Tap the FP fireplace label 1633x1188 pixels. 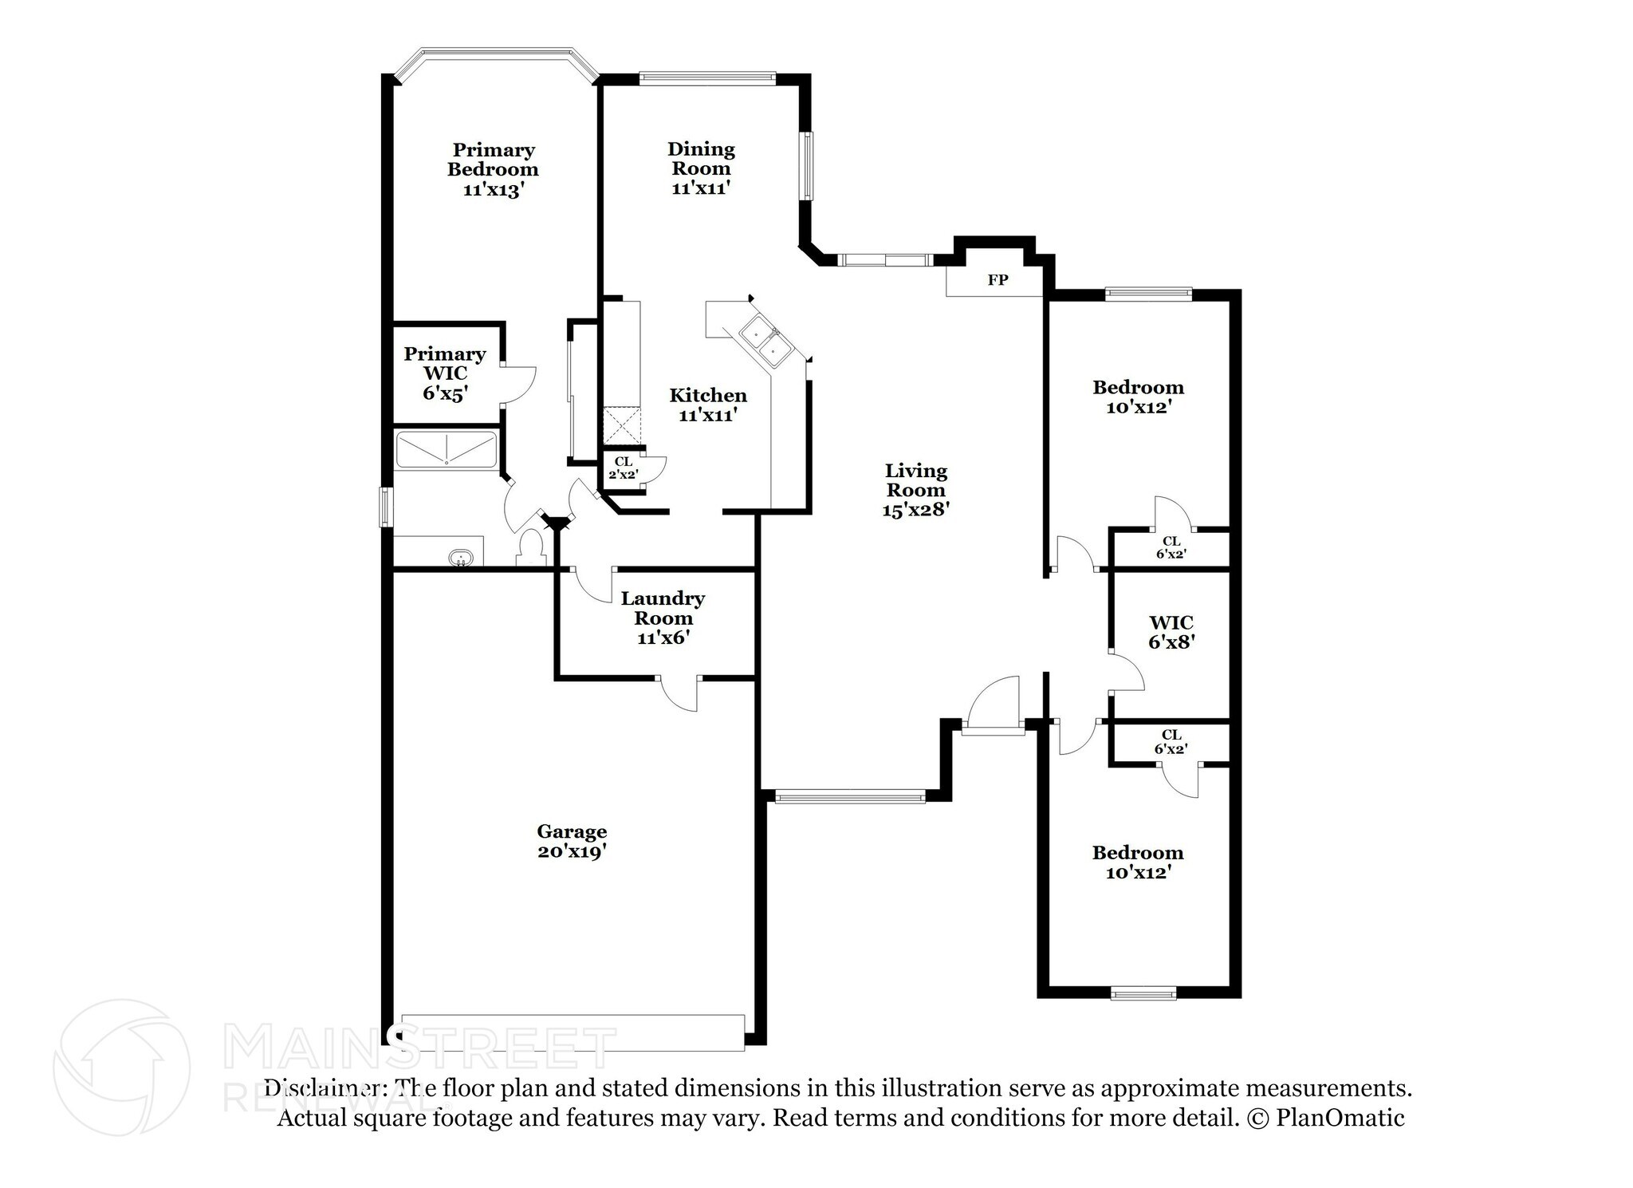point(998,280)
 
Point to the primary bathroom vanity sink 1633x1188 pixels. point(460,558)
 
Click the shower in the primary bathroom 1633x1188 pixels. point(447,449)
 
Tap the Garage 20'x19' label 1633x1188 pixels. point(572,842)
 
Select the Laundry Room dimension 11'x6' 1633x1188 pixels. point(663,638)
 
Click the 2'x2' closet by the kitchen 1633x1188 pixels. point(623,468)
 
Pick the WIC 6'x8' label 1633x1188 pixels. point(1171,631)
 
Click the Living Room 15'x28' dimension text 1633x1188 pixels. point(915,510)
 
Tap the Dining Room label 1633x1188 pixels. point(701,159)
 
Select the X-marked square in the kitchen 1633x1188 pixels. point(621,424)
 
